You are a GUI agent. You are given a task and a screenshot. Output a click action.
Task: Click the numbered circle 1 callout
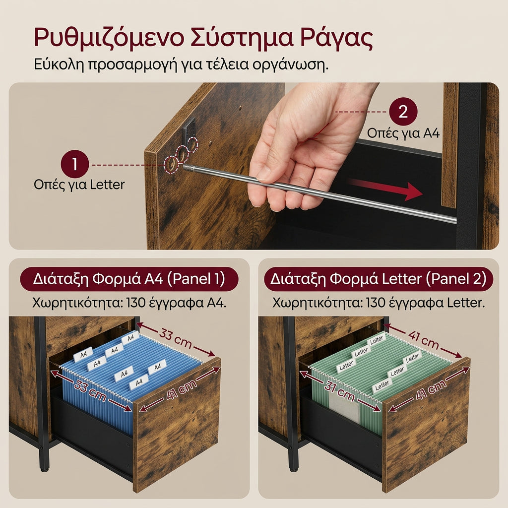(x=75, y=164)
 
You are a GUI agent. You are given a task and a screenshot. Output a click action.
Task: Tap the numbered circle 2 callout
(x=403, y=112)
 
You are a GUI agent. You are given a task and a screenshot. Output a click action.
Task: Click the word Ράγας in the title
(x=336, y=38)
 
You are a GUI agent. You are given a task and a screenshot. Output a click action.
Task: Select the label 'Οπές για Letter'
(x=79, y=185)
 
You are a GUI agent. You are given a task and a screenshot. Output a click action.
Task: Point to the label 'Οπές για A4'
(x=403, y=133)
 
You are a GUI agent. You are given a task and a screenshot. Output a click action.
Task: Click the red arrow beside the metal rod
(x=385, y=189)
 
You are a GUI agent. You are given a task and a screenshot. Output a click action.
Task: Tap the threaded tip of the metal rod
(x=189, y=168)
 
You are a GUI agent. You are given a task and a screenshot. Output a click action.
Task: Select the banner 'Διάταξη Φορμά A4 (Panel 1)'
(x=129, y=279)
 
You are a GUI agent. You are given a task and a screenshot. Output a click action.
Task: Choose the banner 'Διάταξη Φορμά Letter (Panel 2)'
(x=379, y=279)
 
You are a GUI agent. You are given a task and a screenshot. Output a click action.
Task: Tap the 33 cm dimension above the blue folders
(x=175, y=338)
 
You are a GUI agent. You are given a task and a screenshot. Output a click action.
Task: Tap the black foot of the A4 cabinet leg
(x=44, y=467)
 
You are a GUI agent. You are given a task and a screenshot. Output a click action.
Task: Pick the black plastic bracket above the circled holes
(x=189, y=128)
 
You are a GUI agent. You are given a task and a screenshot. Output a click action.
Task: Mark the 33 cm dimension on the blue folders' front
(x=90, y=390)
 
